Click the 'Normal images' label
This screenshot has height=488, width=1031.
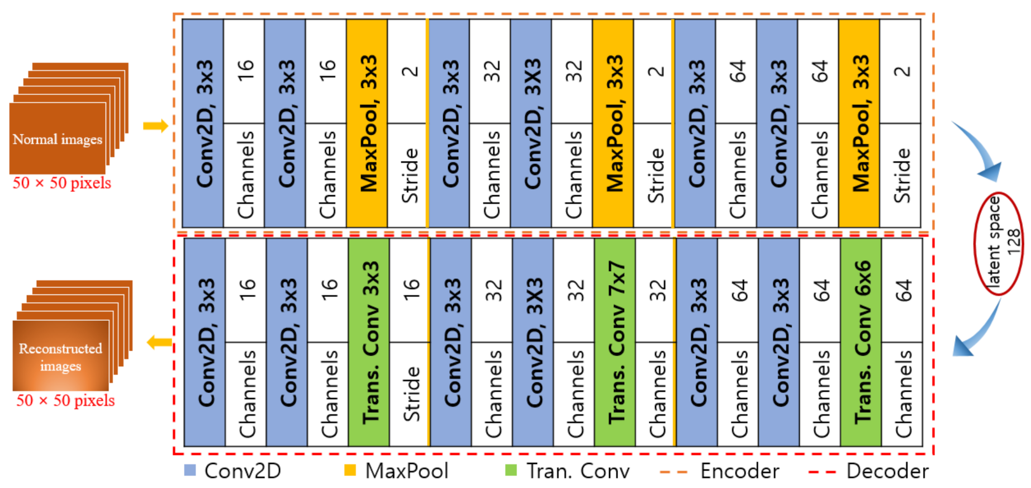pyautogui.click(x=58, y=139)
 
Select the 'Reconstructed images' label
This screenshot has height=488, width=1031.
pyautogui.click(x=60, y=357)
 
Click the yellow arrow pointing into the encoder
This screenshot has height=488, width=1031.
pyautogui.click(x=155, y=126)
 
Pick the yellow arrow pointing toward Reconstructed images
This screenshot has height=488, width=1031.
pyautogui.click(x=159, y=342)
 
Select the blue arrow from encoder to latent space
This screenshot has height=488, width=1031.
pyautogui.click(x=979, y=153)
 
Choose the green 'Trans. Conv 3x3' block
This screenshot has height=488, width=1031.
pyautogui.click(x=369, y=342)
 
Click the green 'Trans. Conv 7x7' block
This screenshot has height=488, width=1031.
pyautogui.click(x=615, y=342)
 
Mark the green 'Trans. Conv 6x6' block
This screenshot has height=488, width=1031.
pyautogui.click(x=861, y=342)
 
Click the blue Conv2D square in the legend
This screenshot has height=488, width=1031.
pyautogui.click(x=190, y=470)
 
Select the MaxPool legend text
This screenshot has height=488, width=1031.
pyautogui.click(x=407, y=471)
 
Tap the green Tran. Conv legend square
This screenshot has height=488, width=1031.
pyautogui.click(x=511, y=470)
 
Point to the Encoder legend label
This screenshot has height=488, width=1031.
pyautogui.click(x=740, y=471)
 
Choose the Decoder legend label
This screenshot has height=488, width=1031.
pyautogui.click(x=887, y=471)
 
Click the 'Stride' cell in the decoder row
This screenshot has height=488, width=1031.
pyautogui.click(x=410, y=394)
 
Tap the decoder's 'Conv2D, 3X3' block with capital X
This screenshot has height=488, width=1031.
pyautogui.click(x=533, y=342)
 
